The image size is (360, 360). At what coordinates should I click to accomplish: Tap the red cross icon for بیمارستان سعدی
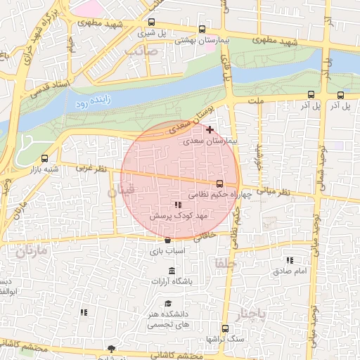coord(210,129)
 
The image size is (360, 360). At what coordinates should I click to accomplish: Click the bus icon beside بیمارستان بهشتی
coord(202,30)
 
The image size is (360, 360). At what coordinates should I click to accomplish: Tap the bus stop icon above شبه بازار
coord(46,158)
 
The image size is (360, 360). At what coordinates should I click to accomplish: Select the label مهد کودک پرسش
coord(173,216)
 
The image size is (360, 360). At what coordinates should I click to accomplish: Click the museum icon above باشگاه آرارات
coord(173,271)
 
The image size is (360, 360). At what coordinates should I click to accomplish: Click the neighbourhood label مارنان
coord(30,250)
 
